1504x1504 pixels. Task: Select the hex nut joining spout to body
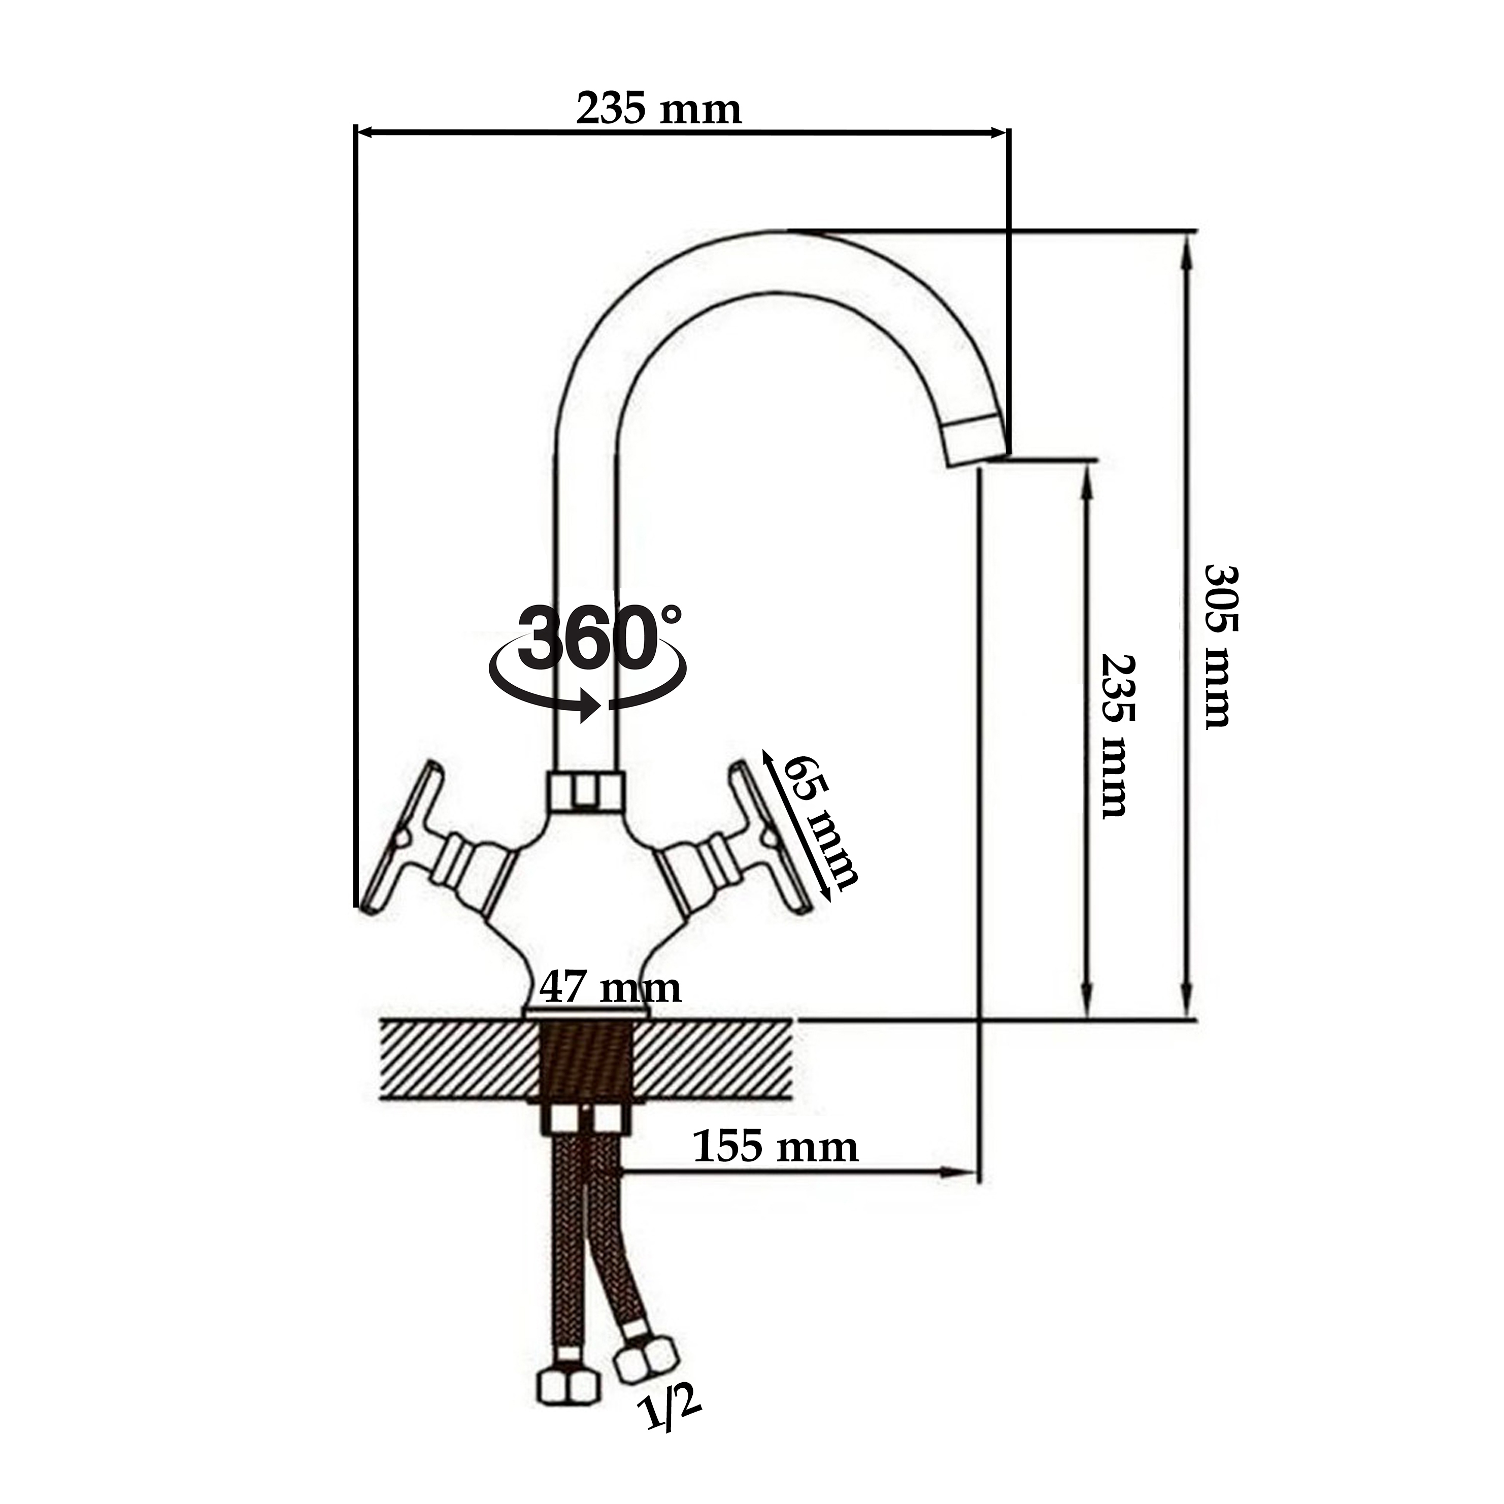point(587,791)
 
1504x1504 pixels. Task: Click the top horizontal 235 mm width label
point(658,110)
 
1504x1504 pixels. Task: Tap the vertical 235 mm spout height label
point(1118,736)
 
